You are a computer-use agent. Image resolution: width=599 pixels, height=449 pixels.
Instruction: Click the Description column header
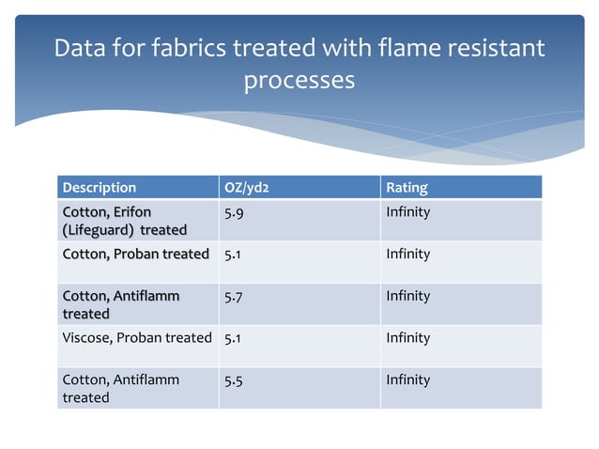(99, 187)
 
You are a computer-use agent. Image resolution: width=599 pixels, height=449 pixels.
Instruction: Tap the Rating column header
(407, 187)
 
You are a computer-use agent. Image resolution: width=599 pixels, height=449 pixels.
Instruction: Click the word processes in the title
(299, 80)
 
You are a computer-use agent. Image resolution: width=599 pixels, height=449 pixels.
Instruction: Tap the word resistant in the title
(494, 47)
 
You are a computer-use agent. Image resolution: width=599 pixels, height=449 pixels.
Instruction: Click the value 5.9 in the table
(236, 212)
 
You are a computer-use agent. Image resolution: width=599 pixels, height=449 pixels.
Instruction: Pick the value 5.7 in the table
(236, 296)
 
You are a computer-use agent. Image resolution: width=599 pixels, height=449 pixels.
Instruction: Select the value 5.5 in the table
(236, 379)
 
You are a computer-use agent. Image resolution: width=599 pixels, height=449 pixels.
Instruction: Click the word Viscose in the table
(84, 337)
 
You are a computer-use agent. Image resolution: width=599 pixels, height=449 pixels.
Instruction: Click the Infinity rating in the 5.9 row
(407, 212)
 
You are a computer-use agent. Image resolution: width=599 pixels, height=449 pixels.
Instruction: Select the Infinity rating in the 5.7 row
(407, 296)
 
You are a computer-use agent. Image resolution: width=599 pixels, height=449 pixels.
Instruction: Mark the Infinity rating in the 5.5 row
(407, 379)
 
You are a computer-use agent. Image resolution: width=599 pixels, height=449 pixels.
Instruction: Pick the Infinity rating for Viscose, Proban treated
(407, 337)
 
